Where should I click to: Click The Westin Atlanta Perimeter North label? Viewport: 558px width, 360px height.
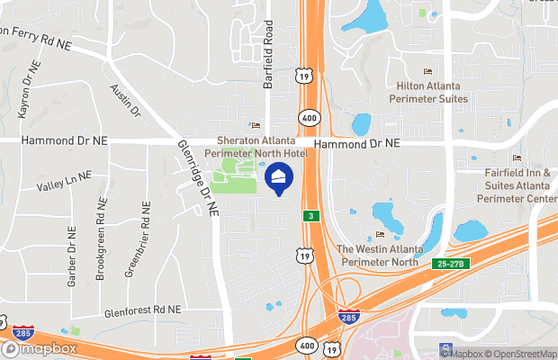[x=379, y=254]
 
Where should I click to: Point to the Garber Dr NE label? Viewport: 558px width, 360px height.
[x=71, y=256]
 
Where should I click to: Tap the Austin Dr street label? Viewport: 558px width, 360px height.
[x=126, y=101]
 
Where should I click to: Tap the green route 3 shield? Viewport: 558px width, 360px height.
[x=310, y=216]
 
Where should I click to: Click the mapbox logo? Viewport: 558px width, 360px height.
[x=39, y=348]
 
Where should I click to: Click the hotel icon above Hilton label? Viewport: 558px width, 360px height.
[x=427, y=71]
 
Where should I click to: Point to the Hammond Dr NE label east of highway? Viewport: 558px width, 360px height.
[x=357, y=143]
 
